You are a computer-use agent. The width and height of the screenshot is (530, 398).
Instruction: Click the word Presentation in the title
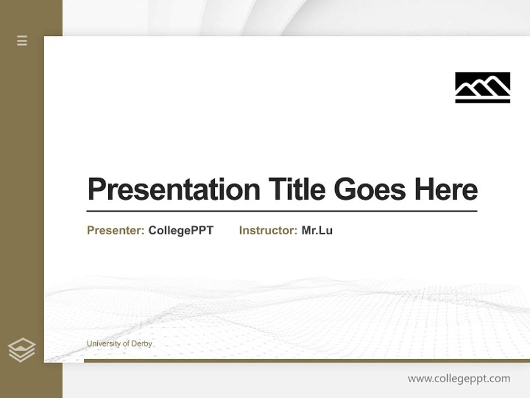pos(173,190)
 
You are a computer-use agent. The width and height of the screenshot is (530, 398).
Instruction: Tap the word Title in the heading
pos(296,190)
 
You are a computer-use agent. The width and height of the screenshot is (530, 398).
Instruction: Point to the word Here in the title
pos(446,190)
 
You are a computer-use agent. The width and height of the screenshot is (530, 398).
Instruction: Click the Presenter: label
pos(115,231)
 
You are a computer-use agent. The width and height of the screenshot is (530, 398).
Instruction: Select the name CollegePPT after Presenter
pos(181,231)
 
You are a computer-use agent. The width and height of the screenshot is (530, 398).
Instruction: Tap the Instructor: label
pos(268,231)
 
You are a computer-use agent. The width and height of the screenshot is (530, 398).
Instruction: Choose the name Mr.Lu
pos(317,231)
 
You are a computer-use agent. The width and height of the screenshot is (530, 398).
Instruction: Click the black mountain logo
pos(483,87)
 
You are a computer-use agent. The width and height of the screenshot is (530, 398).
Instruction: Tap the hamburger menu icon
pos(22,40)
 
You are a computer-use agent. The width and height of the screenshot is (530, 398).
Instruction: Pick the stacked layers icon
pos(22,350)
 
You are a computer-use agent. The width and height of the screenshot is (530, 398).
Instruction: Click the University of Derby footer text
pos(119,344)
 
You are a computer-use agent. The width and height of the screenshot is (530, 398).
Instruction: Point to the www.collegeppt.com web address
pos(459,379)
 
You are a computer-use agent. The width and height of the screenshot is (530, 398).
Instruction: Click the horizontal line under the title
pos(282,211)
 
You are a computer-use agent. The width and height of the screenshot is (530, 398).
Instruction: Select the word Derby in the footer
pos(141,344)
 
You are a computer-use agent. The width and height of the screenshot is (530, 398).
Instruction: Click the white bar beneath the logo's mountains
pos(483,97)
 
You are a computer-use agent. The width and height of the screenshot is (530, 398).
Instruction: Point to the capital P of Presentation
pos(97,190)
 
